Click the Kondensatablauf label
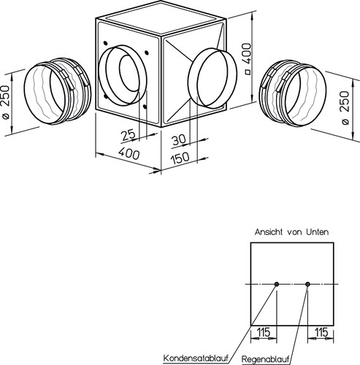click(x=196, y=358)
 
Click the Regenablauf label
click(x=266, y=359)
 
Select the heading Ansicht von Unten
click(x=291, y=232)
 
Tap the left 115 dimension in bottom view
click(x=263, y=332)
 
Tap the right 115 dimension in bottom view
click(x=321, y=332)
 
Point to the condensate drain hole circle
click(x=277, y=284)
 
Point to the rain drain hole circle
click(x=307, y=284)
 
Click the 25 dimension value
click(x=129, y=135)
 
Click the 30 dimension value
click(x=178, y=140)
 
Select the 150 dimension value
click(x=180, y=158)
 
